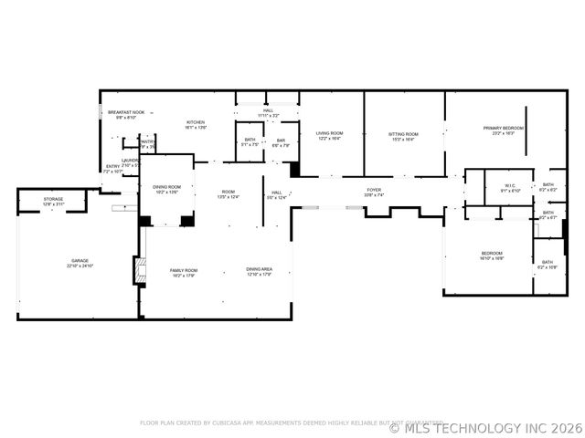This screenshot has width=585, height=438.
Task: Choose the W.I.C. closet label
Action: pos(511,188)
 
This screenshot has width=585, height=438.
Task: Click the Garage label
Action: pos(80,262)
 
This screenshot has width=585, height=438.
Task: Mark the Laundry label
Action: pos(130,162)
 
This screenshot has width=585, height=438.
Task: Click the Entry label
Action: pos(112,168)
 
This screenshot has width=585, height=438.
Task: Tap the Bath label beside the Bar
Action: pos(250,141)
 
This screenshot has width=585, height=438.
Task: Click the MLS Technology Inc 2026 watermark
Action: pos(485,427)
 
